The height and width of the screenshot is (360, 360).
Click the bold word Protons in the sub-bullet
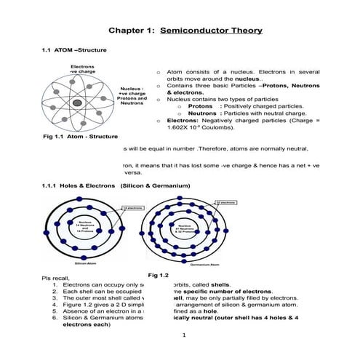click(201, 106)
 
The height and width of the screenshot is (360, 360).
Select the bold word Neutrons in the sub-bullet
click(203, 113)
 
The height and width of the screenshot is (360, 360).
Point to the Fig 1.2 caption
click(158, 276)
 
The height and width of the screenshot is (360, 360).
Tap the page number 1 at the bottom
click(185, 335)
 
